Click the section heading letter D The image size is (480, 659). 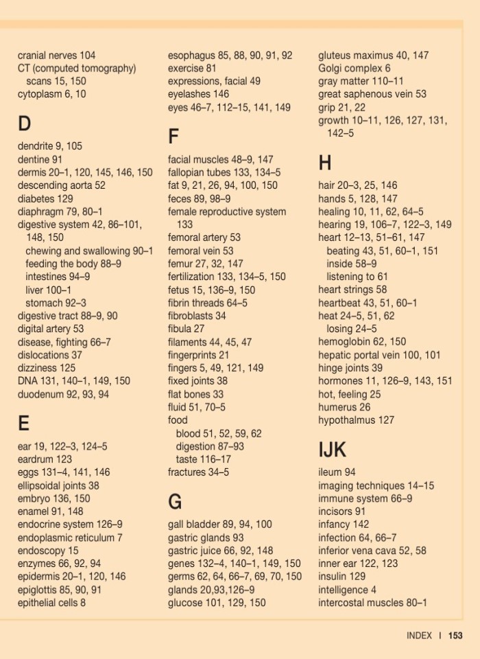(x=25, y=124)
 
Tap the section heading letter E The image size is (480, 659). (x=24, y=424)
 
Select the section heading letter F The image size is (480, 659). (x=173, y=137)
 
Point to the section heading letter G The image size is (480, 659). (x=175, y=502)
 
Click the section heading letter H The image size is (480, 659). (x=325, y=163)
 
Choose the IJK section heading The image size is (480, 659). (x=333, y=450)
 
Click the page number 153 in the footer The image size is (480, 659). (x=455, y=636)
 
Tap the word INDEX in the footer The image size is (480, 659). (x=419, y=636)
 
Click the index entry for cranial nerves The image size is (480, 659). (x=57, y=55)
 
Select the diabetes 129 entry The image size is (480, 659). (x=45, y=198)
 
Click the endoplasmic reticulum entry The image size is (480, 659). (x=70, y=537)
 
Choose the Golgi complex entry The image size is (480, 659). (x=355, y=68)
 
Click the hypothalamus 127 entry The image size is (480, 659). (x=356, y=420)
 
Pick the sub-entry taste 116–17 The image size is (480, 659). (x=204, y=459)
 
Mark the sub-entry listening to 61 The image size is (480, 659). (x=357, y=277)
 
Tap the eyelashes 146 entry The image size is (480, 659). (x=199, y=94)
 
